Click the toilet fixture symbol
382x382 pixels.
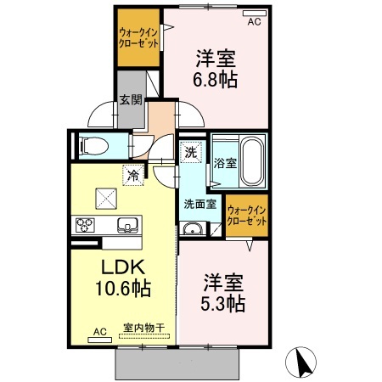click(94, 146)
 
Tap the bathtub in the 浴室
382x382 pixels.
click(252, 160)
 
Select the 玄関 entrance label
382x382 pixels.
click(131, 100)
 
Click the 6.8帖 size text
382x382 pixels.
click(216, 80)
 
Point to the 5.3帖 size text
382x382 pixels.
click(222, 304)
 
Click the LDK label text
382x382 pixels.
click(123, 267)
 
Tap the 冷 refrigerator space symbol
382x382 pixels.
click(133, 176)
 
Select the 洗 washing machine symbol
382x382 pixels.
click(191, 153)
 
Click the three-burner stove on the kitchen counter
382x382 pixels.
click(85, 225)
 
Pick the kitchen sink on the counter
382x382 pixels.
click(129, 225)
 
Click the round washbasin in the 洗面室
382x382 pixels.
click(192, 228)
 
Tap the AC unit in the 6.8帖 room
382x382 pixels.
click(255, 14)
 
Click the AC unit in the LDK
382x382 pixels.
click(99, 340)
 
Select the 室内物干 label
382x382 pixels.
click(144, 328)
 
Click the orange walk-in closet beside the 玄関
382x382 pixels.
click(138, 37)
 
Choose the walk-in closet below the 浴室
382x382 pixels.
click(247, 215)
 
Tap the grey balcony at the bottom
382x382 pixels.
click(177, 364)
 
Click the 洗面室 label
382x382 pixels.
click(200, 204)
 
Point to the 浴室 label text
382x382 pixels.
click(225, 163)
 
